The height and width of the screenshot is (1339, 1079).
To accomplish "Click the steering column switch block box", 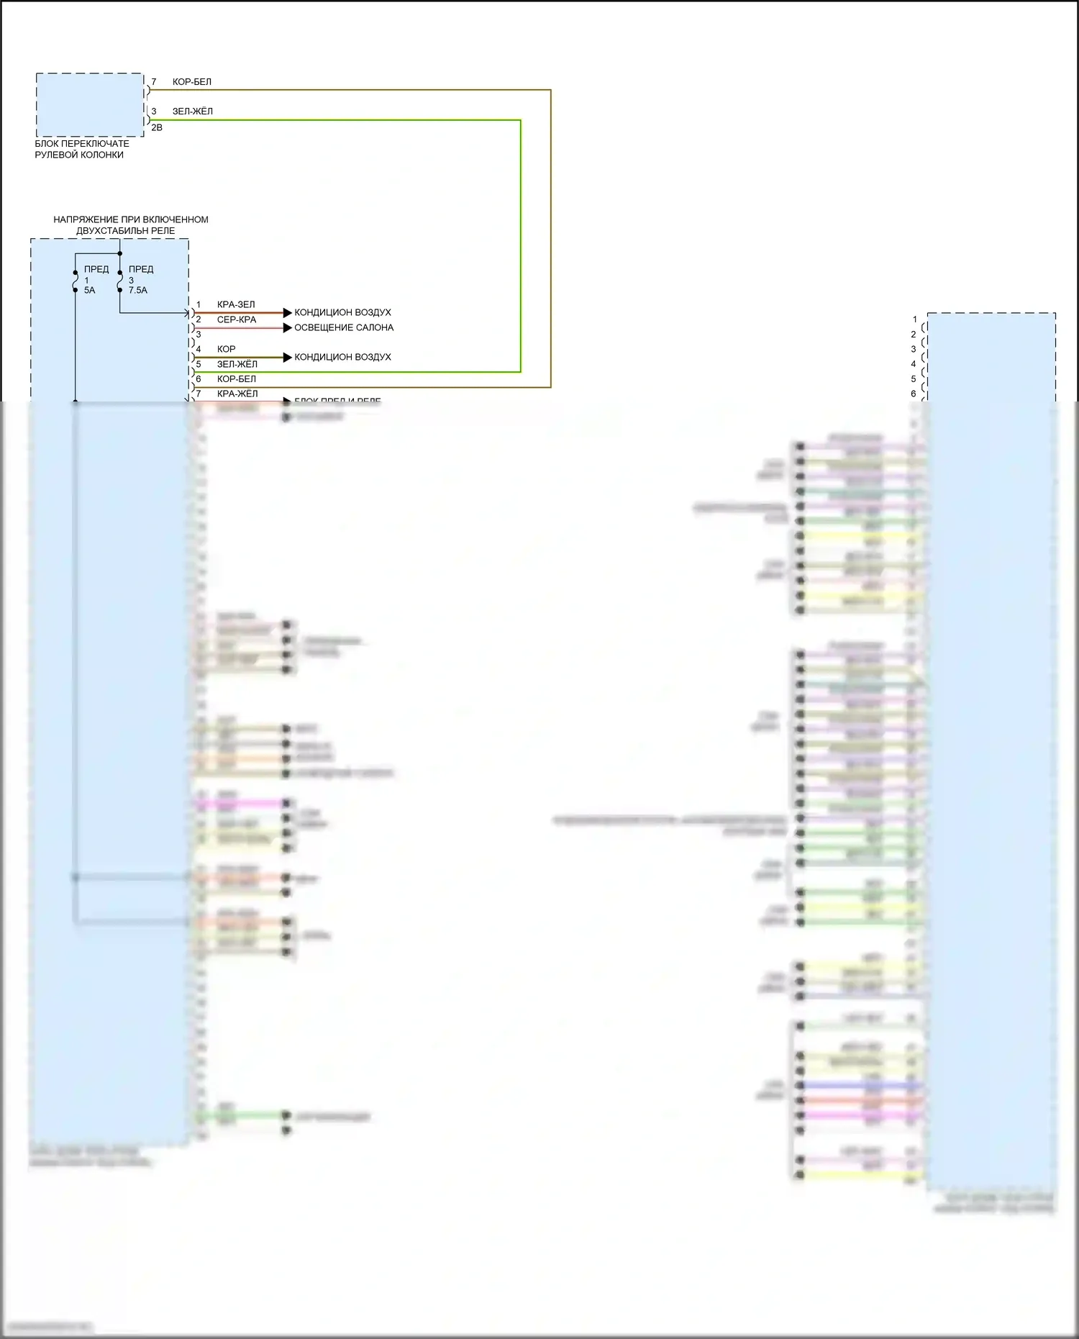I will coord(90,104).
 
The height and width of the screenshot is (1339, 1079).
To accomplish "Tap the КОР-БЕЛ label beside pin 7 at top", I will coord(192,82).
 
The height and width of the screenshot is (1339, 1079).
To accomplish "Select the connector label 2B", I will coord(157,127).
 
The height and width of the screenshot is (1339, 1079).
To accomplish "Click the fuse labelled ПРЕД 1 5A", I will coord(76,281).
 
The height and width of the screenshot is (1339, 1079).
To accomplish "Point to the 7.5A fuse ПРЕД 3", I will coord(120,281).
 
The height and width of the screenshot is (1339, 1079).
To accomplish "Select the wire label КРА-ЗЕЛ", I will coord(236,305).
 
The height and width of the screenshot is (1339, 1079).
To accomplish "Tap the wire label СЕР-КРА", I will coord(237,319).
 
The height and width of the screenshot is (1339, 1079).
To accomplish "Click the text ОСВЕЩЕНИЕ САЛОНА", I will coord(344,327).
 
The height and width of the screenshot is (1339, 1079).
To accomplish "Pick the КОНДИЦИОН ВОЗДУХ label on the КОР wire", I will coord(342,357).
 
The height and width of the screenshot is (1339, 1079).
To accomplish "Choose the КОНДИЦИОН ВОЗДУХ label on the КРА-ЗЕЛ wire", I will coord(342,312).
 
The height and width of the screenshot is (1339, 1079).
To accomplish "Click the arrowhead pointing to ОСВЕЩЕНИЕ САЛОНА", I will coord(288,327).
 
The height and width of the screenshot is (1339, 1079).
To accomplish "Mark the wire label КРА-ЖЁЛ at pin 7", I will coord(237,394).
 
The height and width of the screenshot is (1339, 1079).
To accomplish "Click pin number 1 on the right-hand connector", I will coord(915,319).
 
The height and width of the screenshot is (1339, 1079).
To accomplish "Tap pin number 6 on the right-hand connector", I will coord(914,394).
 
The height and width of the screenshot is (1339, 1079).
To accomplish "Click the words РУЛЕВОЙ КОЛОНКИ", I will coord(79,155).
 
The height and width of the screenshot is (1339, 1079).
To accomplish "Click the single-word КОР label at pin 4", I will coord(227,349).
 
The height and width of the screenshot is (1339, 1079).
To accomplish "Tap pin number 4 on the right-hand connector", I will coord(914,364).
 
